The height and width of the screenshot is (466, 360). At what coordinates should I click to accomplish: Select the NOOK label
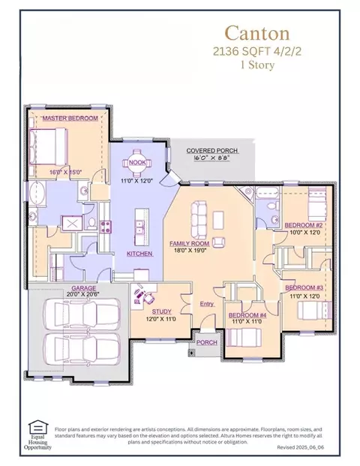pyautogui.click(x=136, y=162)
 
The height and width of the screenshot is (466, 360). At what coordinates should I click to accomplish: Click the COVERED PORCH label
pyautogui.click(x=213, y=151)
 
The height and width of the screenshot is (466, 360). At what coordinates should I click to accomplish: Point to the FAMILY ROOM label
pyautogui.click(x=191, y=245)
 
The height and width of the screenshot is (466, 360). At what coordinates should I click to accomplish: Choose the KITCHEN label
pyautogui.click(x=139, y=254)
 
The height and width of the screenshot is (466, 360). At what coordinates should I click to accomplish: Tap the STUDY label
pyautogui.click(x=161, y=311)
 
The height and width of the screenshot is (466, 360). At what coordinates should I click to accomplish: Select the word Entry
pyautogui.click(x=207, y=304)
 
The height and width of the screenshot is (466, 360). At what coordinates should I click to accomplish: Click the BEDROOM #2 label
pyautogui.click(x=304, y=224)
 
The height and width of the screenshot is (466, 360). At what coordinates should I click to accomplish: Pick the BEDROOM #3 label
pyautogui.click(x=304, y=288)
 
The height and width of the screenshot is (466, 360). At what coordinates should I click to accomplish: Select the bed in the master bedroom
pyautogui.click(x=50, y=145)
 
